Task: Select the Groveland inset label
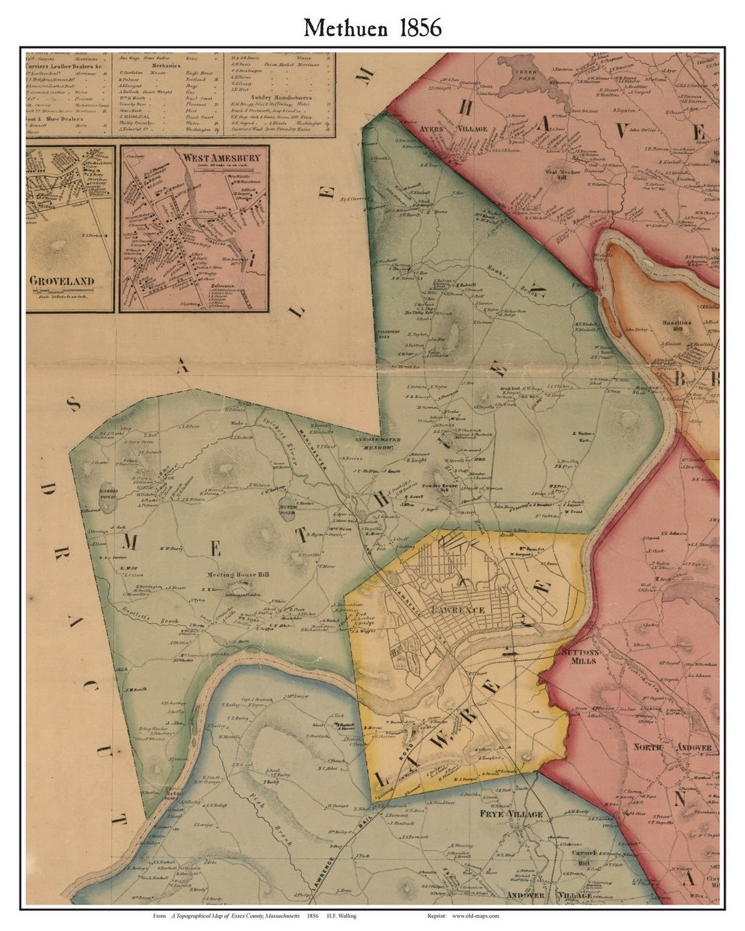pyautogui.click(x=61, y=281)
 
